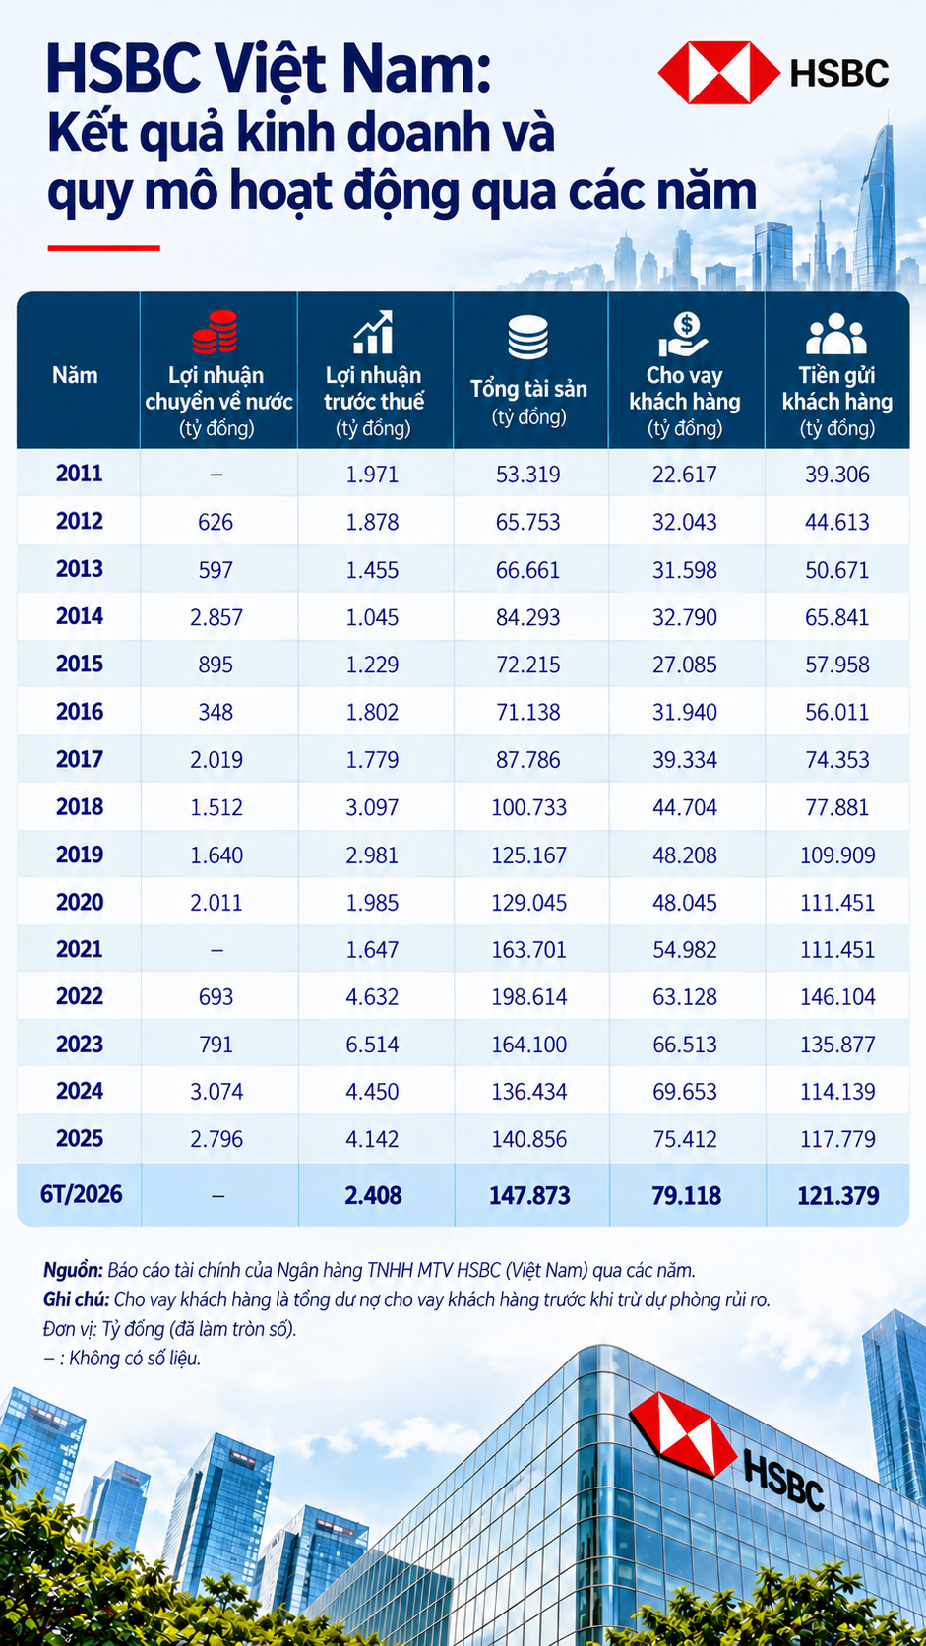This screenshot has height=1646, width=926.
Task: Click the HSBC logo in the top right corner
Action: pos(773,72)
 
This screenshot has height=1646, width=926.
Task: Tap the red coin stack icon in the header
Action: pos(216,332)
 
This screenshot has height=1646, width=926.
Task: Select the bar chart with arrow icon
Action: pos(373,332)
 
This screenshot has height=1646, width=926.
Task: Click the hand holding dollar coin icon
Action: pos(683,335)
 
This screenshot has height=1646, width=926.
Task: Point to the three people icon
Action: pos(836,334)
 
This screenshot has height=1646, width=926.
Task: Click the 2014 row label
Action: pos(80,616)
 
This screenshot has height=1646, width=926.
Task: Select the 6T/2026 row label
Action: pos(81,1194)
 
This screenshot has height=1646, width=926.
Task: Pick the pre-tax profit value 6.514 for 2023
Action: pos(372,1045)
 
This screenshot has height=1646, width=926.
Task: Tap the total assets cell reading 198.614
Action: pos(528,996)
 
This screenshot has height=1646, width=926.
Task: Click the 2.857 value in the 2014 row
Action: pos(216,617)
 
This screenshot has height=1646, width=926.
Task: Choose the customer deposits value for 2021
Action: pos(837,949)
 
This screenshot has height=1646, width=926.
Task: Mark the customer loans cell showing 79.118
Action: pos(686,1195)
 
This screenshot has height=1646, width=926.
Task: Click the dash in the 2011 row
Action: pos(216,475)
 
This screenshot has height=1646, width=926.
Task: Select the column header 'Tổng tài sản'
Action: pos(528,389)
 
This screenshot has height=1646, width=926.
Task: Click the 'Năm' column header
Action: pos(75,375)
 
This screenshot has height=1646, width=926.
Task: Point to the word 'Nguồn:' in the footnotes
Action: pos(73,1271)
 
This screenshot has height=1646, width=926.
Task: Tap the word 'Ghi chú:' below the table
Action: pos(77,1299)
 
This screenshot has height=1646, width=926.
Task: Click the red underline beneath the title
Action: pos(103,248)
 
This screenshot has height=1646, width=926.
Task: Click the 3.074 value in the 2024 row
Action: pos(216,1092)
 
